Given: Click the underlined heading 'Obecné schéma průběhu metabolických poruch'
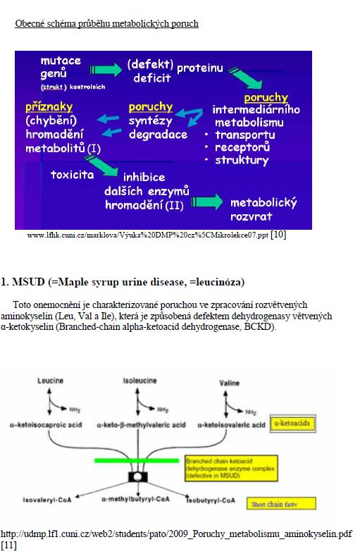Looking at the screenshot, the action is click(x=106, y=24).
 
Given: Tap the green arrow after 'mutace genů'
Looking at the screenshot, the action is click(x=106, y=70).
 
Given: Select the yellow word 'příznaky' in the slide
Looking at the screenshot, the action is click(x=49, y=107).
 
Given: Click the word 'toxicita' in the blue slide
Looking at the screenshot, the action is click(x=73, y=175).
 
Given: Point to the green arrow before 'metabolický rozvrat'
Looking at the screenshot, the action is click(x=206, y=202).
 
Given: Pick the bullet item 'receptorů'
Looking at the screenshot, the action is click(x=242, y=147).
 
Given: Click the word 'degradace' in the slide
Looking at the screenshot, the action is click(x=158, y=134).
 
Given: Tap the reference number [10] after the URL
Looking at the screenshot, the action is click(x=278, y=234).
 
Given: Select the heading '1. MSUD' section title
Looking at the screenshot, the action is click(x=123, y=282).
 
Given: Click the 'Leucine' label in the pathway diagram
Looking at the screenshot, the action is click(x=50, y=381).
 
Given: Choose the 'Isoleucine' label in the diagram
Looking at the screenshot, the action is click(x=140, y=381).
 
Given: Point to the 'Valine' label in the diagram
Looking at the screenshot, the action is click(x=229, y=383).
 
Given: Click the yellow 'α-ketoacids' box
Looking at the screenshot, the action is click(x=292, y=424).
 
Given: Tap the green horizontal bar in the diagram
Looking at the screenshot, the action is click(x=137, y=460).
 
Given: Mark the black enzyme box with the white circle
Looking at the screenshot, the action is click(x=138, y=477).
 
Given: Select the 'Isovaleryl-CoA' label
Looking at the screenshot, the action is click(x=47, y=500).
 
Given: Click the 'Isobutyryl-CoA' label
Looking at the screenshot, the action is click(x=211, y=500).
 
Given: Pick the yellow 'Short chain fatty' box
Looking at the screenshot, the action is click(x=281, y=504).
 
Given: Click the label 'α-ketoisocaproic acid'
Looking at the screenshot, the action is click(x=46, y=425).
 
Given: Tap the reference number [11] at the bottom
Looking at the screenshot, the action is click(x=8, y=545).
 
